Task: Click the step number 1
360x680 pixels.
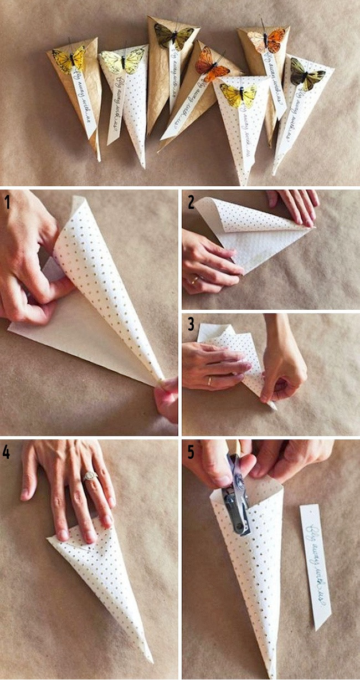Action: pos(7,202)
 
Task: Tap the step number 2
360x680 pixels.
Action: pos(191,202)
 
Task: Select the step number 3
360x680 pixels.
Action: pos(191,324)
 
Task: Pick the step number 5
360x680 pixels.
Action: pos(191,452)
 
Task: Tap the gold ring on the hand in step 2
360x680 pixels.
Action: pos(194,280)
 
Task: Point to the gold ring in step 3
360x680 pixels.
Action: pos(209,381)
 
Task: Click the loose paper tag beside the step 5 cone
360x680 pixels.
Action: pos(316,565)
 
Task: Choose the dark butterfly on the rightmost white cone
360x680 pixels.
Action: pos(306,74)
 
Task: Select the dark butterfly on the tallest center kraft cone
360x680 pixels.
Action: pos(174,36)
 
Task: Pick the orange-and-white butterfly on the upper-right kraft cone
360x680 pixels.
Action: pos(266,40)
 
